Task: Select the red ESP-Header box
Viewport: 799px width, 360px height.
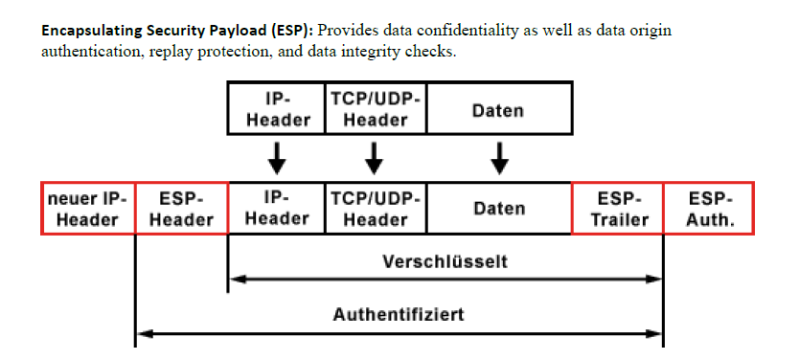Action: tap(182, 208)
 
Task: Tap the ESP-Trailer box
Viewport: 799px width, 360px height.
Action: tap(618, 208)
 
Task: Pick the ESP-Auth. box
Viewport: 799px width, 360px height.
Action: tap(710, 208)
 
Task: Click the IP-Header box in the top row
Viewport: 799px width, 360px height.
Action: tap(278, 108)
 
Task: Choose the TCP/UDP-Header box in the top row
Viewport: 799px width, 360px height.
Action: tap(376, 108)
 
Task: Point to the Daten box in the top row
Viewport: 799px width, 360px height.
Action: tap(499, 108)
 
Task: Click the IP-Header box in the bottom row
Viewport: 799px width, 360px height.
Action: tap(277, 208)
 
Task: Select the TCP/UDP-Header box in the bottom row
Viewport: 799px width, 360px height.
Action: tap(376, 208)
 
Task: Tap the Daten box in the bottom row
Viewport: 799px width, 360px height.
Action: tap(499, 208)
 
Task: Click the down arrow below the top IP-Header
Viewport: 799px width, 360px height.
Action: tap(277, 157)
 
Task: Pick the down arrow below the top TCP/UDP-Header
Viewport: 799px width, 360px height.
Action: tap(376, 157)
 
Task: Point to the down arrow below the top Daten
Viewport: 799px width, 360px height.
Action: tap(499, 157)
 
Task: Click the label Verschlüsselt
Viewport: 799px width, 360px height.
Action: tap(445, 260)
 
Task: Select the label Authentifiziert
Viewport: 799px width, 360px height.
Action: tap(399, 313)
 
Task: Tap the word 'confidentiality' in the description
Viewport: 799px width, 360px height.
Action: tap(457, 30)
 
